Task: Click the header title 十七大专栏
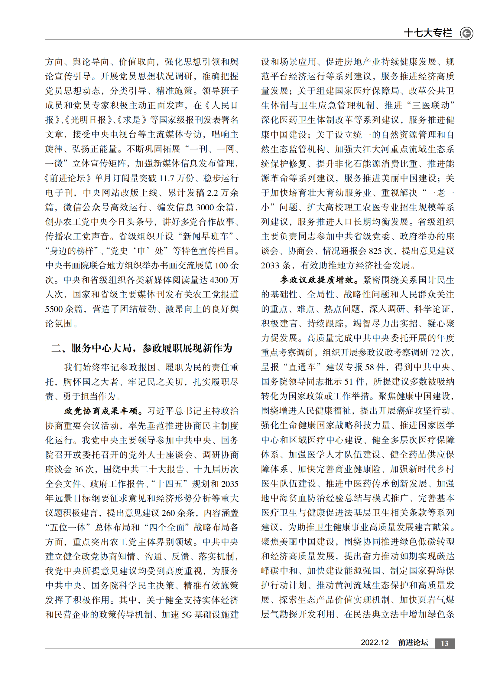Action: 428,33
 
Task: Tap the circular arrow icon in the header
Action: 466,33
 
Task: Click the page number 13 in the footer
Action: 444,643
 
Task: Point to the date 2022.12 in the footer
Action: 374,643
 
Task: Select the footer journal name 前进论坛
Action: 413,643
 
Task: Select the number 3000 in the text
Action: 205,207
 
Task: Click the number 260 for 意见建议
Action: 168,513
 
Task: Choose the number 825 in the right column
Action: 375,251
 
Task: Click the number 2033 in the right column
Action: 270,265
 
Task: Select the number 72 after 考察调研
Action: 435,353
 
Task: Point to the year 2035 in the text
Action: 230,484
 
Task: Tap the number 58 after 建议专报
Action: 369,367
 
